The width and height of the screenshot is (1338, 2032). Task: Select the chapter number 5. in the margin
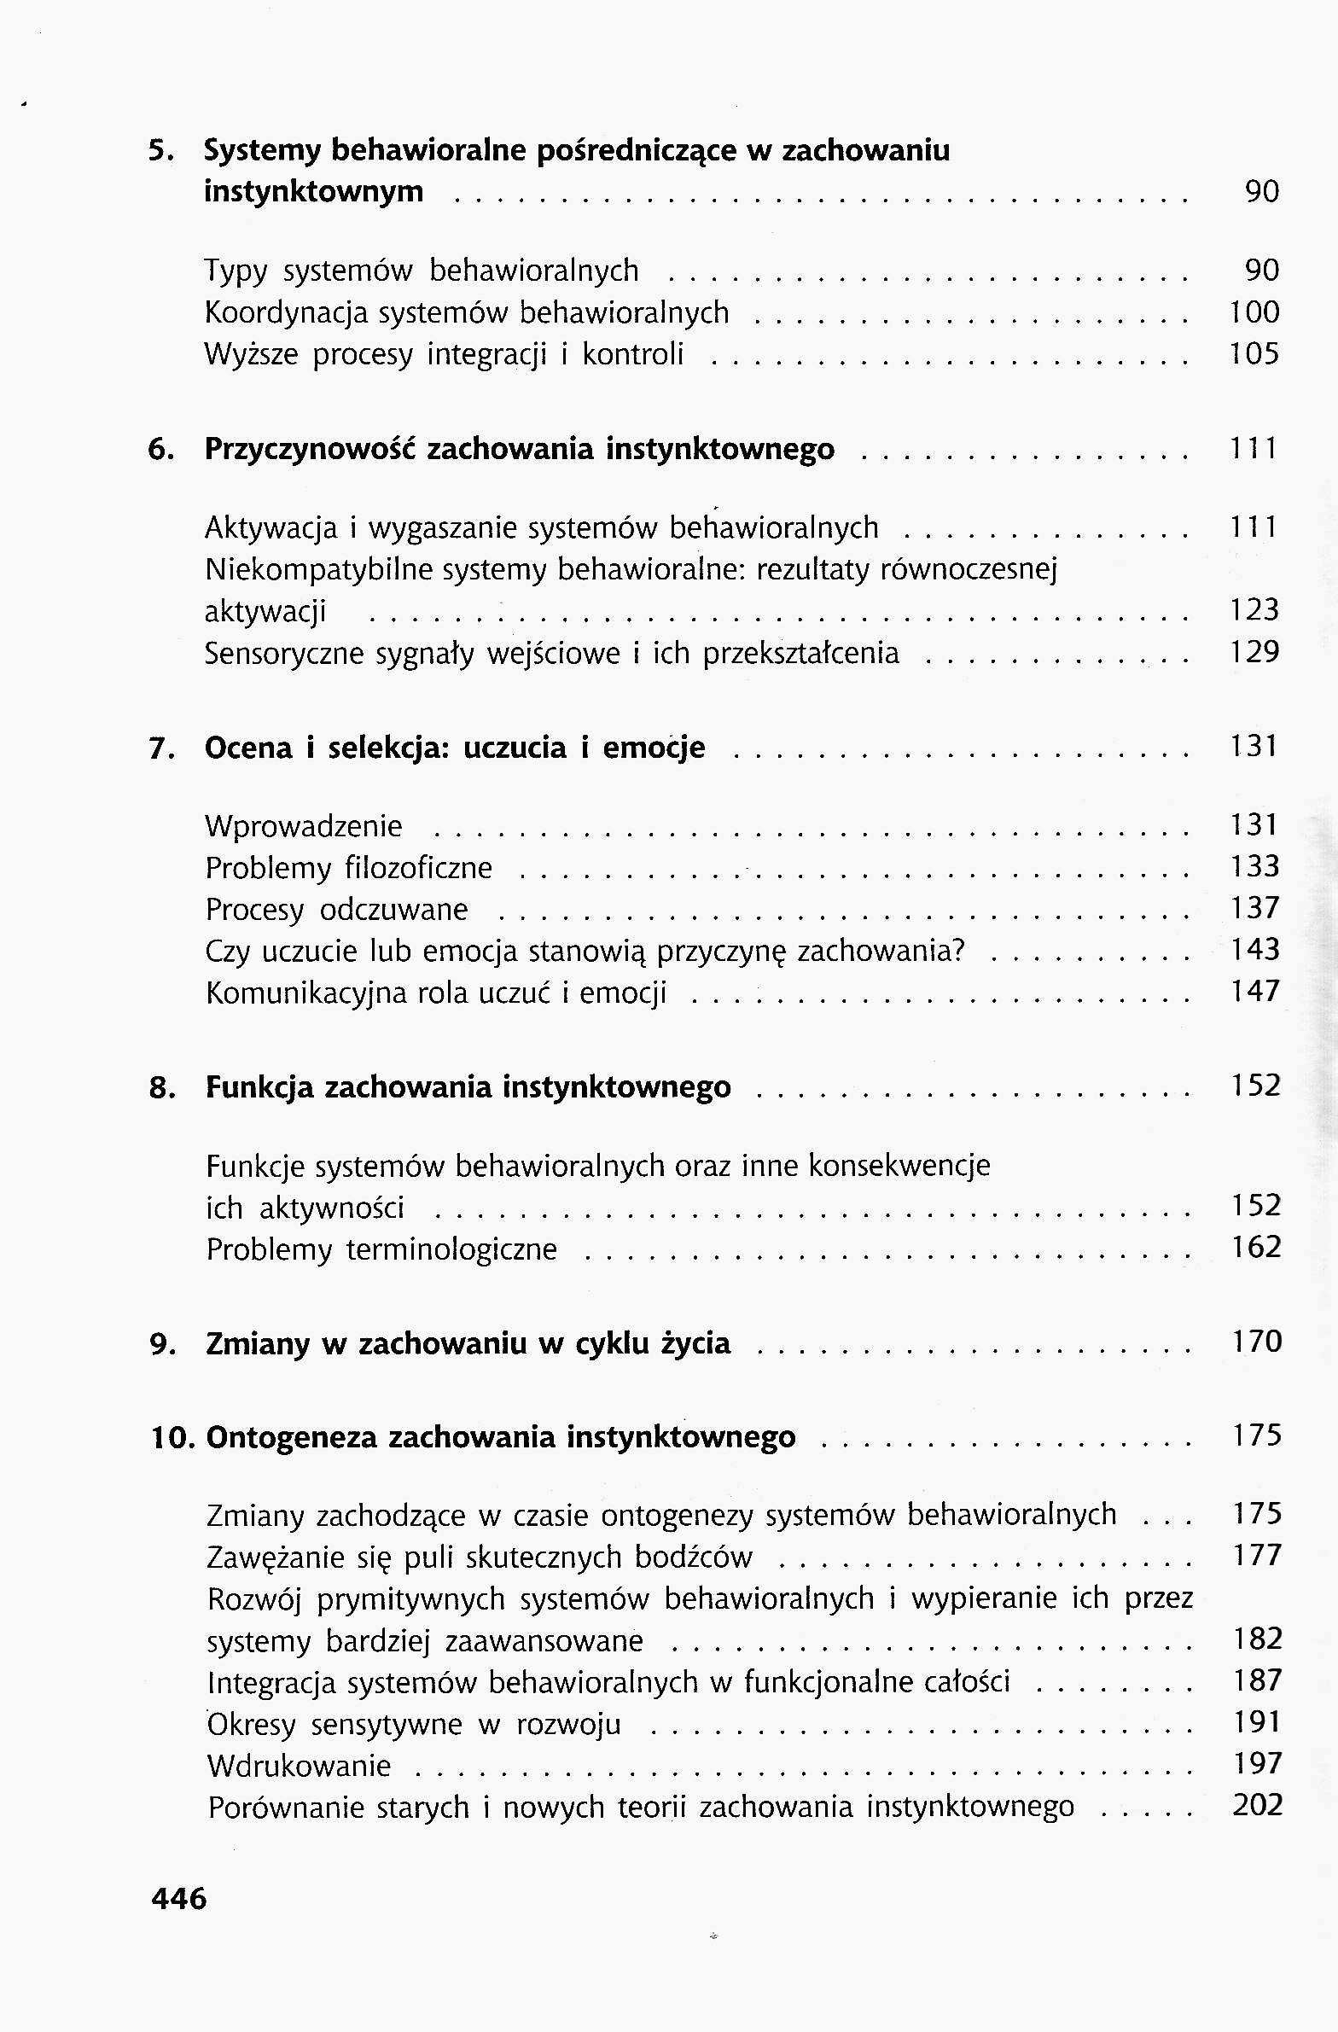coord(160,150)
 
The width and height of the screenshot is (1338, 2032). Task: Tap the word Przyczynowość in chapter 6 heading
coord(310,449)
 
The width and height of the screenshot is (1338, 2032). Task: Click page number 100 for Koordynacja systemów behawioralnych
coord(1254,312)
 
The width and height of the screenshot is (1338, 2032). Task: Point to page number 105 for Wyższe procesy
coord(1254,353)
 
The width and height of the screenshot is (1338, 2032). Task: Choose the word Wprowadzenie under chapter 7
coord(303,826)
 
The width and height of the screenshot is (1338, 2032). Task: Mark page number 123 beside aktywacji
coord(1254,609)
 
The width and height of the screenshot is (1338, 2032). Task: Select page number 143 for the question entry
coord(1255,949)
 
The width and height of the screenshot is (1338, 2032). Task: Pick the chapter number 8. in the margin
coord(162,1089)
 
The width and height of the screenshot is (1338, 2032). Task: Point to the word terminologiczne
coord(451,1250)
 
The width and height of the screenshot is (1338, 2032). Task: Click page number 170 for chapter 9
coord(1257,1342)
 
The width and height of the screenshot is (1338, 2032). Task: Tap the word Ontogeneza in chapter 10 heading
coord(292,1438)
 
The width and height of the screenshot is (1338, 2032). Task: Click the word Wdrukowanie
coord(299,1766)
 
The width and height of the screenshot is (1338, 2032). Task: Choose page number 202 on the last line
coord(1258,1806)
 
